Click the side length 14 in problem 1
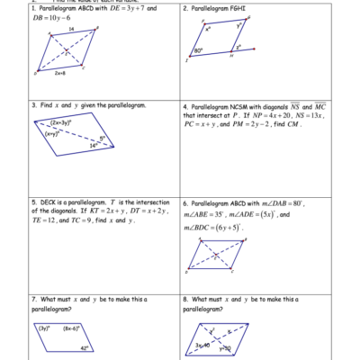(x=71, y=30)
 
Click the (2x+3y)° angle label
(x=61, y=122)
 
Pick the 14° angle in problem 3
(x=93, y=144)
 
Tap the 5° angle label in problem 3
(x=103, y=137)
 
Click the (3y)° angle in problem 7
(x=43, y=328)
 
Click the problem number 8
(x=185, y=298)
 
